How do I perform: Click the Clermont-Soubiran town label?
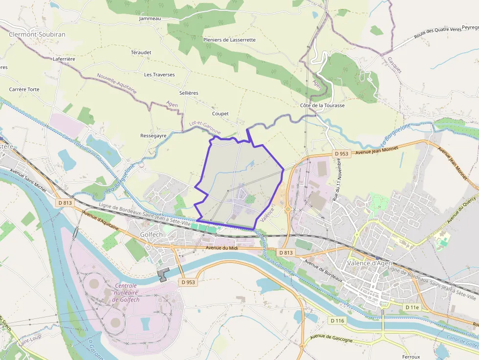click(x=37, y=35)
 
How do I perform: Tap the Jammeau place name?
click(x=150, y=19)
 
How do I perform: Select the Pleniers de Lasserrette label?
click(x=229, y=40)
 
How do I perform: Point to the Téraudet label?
click(x=141, y=52)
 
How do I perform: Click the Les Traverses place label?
click(x=159, y=75)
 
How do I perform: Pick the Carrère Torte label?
click(x=24, y=89)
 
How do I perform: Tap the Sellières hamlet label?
click(x=189, y=93)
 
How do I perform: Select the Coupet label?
click(x=220, y=114)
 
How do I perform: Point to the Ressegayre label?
click(x=153, y=135)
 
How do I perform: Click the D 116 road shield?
click(x=338, y=320)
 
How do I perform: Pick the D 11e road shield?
click(x=412, y=307)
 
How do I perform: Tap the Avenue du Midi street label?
click(x=222, y=248)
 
